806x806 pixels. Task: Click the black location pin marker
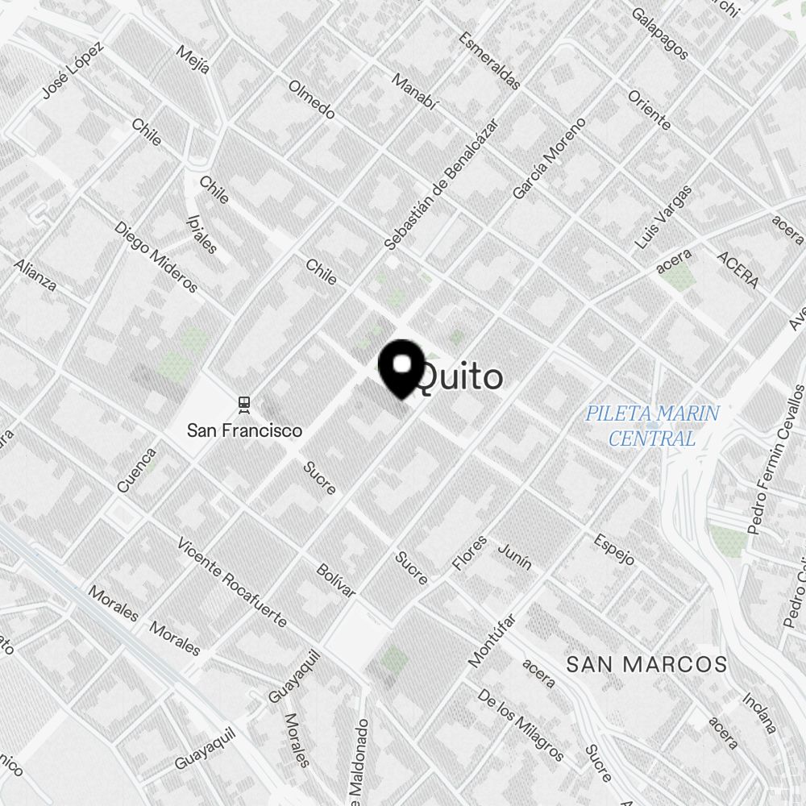[x=401, y=368]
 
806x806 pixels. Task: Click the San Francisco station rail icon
[x=243, y=403]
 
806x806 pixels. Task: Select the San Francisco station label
[x=244, y=430]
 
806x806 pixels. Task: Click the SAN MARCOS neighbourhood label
[x=646, y=665]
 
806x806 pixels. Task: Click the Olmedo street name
[x=311, y=99]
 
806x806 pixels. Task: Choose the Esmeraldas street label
[x=489, y=60]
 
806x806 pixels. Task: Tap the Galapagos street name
[x=660, y=34]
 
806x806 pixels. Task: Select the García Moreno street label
[x=549, y=159]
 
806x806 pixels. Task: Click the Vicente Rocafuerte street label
[x=231, y=582]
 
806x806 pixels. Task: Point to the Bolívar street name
[x=336, y=580]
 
